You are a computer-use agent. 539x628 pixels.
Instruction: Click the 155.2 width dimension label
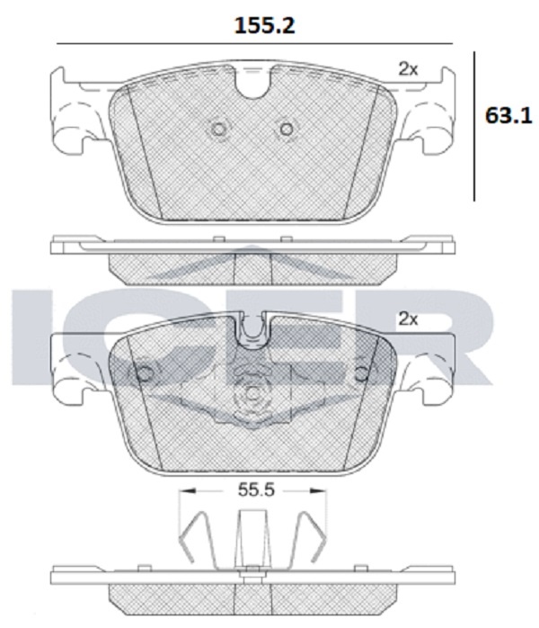coord(264,25)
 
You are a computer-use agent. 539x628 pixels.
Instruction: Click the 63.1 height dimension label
coord(508,116)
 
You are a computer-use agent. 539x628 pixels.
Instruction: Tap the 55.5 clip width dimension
coord(256,489)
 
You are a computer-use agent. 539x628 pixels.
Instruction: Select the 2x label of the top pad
coord(408,69)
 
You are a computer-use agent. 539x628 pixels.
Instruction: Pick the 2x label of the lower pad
coord(408,319)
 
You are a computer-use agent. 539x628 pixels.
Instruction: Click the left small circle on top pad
coord(218,129)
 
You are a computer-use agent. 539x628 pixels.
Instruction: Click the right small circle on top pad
coord(287,129)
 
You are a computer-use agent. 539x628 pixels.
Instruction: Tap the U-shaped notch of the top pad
coord(252,85)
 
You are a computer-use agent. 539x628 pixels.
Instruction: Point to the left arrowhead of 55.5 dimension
coord(187,490)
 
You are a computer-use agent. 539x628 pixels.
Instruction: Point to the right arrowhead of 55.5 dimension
coord(318,490)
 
